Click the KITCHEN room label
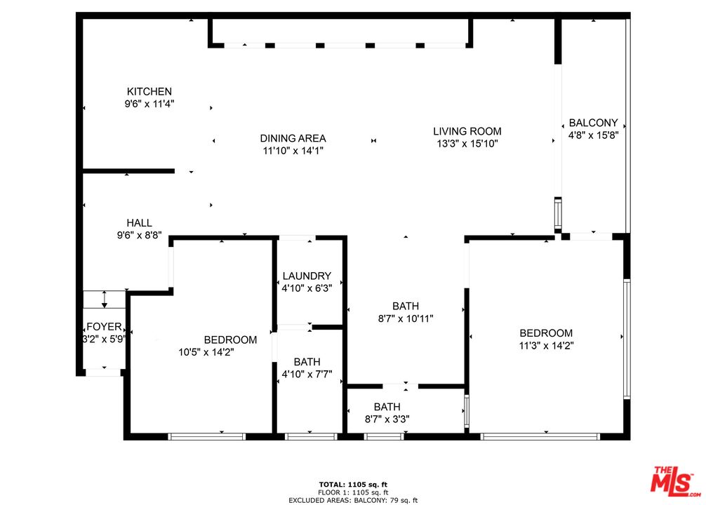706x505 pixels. point(149,91)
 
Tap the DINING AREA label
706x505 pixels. point(293,138)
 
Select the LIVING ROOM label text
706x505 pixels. point(467,131)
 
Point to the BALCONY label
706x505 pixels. point(593,123)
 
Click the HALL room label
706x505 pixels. point(139,223)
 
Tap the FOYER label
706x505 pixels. point(104,326)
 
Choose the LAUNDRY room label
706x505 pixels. point(307,276)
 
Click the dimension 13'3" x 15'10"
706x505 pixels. point(467,144)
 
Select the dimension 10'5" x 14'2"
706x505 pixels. point(206,352)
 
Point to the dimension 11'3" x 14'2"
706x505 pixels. point(546,346)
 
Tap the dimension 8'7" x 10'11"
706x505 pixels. point(405,318)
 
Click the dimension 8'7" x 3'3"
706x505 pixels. point(387,419)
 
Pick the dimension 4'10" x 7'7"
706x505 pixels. point(307,374)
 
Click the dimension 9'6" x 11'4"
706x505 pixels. point(149,104)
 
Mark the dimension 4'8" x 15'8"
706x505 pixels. point(593,135)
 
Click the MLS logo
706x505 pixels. point(675,482)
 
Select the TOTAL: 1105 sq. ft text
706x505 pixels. point(353,485)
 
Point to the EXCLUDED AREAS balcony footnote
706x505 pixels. point(353,501)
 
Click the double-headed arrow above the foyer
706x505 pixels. point(105,299)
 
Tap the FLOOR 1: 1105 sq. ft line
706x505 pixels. point(353,493)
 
